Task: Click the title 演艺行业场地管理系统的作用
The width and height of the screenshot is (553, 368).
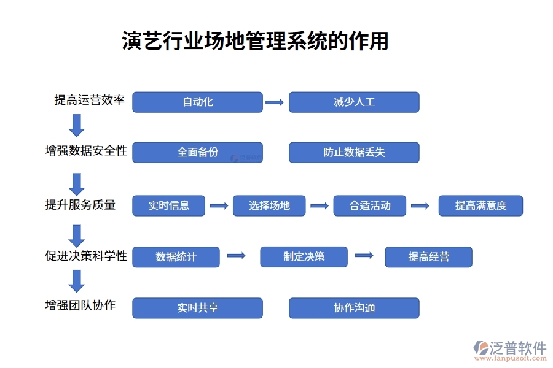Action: point(255,41)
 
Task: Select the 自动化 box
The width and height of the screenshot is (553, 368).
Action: point(197,102)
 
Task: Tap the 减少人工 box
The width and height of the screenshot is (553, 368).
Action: point(354,102)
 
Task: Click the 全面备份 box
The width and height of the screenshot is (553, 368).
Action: point(197,153)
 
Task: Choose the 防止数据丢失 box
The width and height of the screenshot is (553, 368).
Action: point(354,153)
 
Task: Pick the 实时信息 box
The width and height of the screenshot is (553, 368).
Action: point(168,205)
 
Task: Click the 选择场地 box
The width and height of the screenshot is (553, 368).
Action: point(269,205)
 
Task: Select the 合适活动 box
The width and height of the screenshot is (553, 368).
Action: point(370,205)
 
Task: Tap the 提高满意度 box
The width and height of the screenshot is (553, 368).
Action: point(480,205)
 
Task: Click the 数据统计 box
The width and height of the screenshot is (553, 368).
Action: point(176,257)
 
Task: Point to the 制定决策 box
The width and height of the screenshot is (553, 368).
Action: point(304,257)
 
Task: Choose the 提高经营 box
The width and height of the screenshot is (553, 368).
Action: point(428,257)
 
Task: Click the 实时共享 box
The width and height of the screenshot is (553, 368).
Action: point(197,308)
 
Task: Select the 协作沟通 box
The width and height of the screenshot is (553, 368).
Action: point(354,308)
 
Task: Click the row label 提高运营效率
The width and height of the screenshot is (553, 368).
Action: point(90,101)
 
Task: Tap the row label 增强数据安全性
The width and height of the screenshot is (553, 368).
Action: point(86,151)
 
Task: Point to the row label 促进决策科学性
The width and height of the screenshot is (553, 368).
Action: point(86,256)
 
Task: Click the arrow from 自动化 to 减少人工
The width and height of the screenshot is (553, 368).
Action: point(275,102)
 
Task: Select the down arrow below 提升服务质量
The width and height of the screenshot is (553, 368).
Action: point(77,235)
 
